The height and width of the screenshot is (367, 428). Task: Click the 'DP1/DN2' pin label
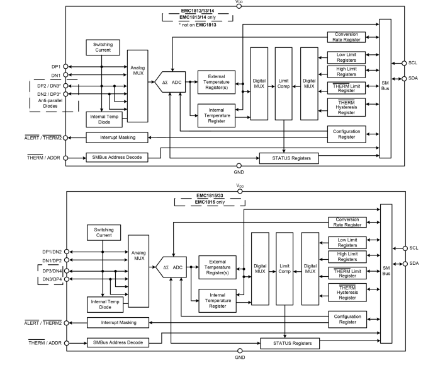50,252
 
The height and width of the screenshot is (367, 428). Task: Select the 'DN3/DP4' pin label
50,279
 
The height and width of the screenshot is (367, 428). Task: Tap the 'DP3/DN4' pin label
50,270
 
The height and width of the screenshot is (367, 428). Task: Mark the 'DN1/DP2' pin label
50,260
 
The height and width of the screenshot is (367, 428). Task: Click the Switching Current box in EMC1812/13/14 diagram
103,49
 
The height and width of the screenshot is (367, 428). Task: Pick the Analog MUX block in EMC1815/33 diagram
138,255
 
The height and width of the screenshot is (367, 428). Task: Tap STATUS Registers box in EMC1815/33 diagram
289,344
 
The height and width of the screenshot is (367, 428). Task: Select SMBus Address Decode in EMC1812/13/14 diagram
116,158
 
